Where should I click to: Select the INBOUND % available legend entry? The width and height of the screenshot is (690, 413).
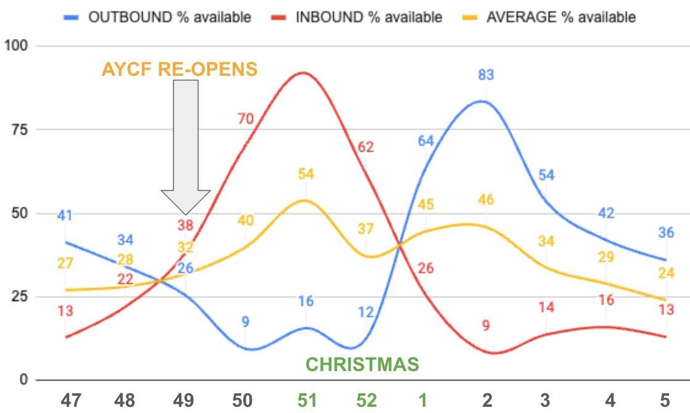357,17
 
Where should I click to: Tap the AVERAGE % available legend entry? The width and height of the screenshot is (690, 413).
549,17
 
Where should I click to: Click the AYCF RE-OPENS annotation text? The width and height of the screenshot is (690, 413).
180,70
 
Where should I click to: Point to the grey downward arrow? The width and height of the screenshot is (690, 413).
186,147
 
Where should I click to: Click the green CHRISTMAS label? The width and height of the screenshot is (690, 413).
362,364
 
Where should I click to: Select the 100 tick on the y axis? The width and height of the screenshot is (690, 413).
16,45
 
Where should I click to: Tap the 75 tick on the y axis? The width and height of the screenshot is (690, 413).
20,129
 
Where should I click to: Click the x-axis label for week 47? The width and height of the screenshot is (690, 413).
71,400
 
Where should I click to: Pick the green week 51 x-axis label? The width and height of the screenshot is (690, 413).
307,400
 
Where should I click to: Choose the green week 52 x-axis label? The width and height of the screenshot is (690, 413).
367,400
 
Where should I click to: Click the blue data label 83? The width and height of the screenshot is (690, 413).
486,75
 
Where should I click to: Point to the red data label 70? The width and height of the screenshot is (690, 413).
246,118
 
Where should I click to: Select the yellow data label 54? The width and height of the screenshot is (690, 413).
306,174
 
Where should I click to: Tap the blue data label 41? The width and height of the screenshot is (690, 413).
65,215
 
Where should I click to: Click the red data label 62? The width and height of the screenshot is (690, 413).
366,147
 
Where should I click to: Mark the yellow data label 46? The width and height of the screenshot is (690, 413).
486,200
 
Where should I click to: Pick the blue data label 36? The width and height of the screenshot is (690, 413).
666,232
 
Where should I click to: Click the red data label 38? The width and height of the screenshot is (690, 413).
185,226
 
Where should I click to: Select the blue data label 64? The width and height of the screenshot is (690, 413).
425,141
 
